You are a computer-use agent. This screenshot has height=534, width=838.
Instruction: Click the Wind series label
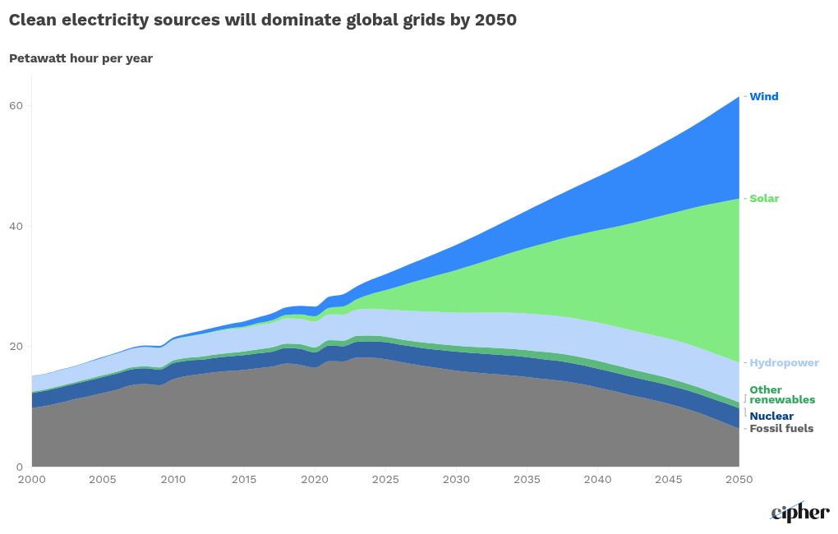point(763,97)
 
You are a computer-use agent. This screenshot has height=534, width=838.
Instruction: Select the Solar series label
point(764,199)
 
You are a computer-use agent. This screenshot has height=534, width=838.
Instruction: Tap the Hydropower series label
point(784,363)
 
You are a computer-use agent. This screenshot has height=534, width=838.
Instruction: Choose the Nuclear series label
point(771,417)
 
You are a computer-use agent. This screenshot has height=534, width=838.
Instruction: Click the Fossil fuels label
point(781,429)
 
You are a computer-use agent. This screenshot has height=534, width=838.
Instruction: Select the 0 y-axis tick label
point(20,467)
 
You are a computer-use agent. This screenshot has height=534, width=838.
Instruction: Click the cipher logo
point(799,512)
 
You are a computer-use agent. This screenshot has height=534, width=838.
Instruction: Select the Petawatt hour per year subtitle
point(81,58)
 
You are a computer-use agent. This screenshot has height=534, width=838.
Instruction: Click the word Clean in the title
point(34,21)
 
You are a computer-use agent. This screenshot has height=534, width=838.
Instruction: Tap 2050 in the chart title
point(495,21)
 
